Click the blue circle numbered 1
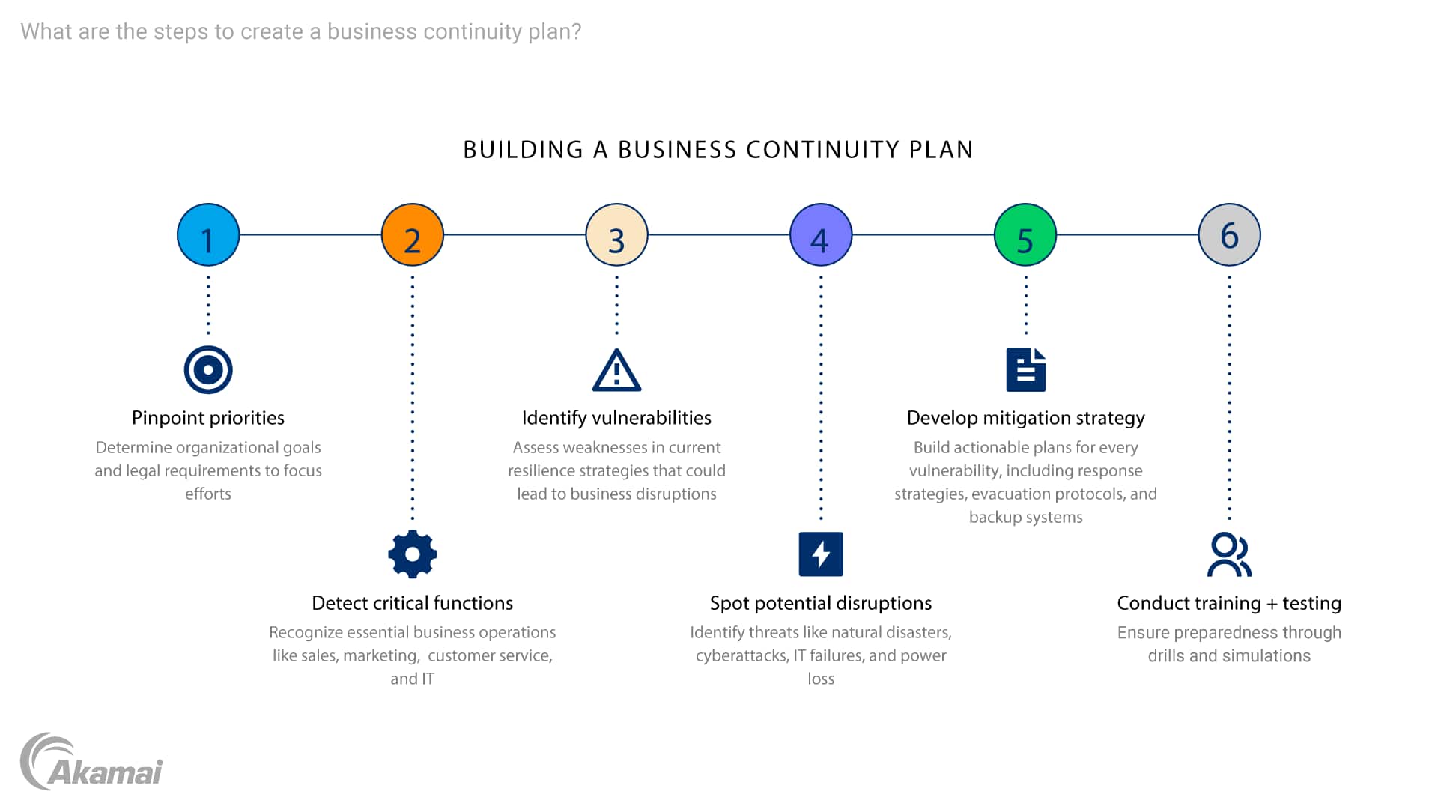click(x=208, y=235)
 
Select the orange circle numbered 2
click(x=413, y=235)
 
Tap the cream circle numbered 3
click(x=616, y=235)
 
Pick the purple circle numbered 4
click(x=821, y=235)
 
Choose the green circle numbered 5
click(x=1025, y=235)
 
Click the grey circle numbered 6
click(x=1229, y=235)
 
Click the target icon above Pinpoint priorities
click(x=208, y=369)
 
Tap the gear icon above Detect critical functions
click(x=413, y=554)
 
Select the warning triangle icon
click(x=616, y=371)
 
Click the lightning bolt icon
click(x=821, y=554)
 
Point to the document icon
click(x=1025, y=369)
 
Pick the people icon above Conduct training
click(x=1229, y=554)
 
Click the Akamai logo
click(x=91, y=763)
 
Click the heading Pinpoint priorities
click(x=208, y=418)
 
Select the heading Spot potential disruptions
click(x=821, y=603)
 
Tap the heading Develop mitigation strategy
click(x=1025, y=418)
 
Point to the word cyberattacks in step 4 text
click(x=741, y=656)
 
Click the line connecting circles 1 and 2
click(x=310, y=235)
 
